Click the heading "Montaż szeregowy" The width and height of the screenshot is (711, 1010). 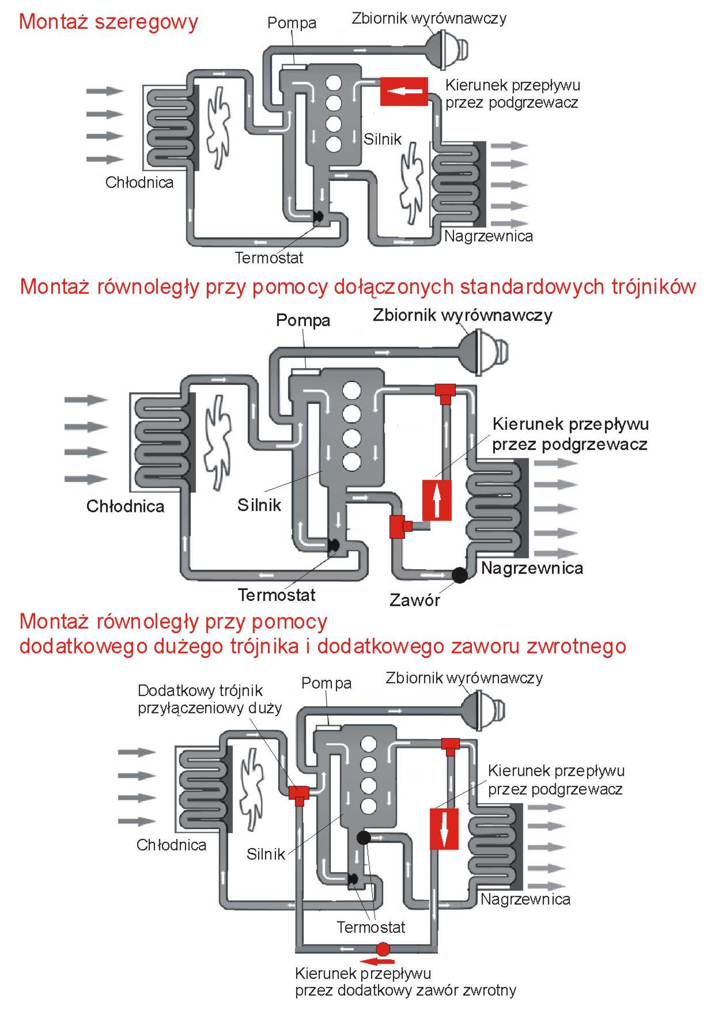point(108,22)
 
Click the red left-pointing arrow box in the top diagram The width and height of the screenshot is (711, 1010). point(404,91)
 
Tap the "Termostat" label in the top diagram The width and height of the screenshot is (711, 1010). point(269,258)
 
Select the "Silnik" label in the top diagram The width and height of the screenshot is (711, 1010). point(382,139)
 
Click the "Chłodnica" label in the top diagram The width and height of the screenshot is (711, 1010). point(139,183)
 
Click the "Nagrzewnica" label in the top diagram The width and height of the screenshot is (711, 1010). point(489,236)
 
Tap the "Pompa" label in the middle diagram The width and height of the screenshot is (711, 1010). point(303,320)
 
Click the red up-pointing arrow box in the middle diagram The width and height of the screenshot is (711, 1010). point(437,500)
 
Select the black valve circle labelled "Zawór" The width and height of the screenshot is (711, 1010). point(460,575)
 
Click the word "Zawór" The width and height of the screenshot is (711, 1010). point(415,600)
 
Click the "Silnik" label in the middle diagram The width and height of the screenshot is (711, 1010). point(259,505)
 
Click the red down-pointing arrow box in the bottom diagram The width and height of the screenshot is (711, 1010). point(444,829)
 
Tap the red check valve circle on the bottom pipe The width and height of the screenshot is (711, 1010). point(383,949)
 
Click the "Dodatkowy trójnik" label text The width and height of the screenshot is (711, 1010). point(200,691)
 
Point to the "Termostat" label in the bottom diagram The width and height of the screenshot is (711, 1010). point(370,927)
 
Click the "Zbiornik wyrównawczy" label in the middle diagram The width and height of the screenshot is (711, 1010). point(462,315)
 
